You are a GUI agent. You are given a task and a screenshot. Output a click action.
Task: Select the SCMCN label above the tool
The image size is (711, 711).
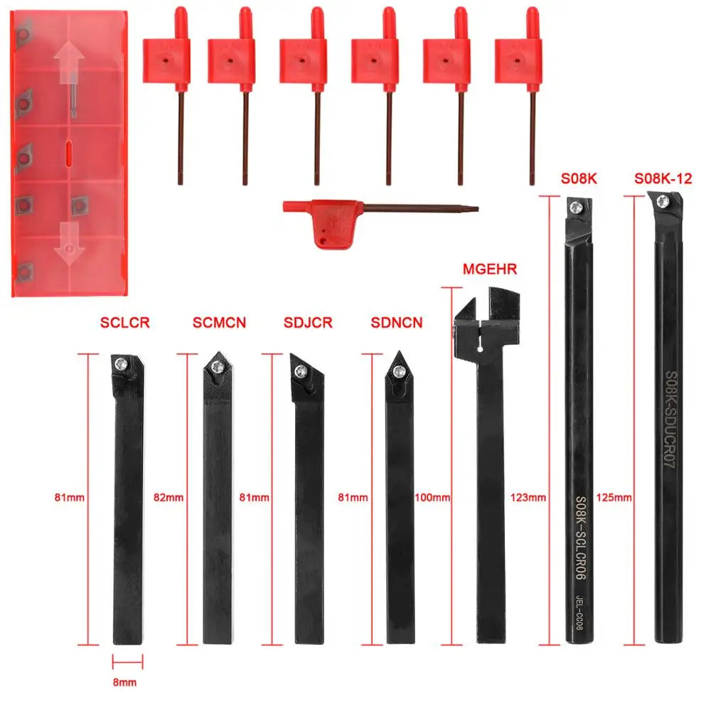tap(219, 323)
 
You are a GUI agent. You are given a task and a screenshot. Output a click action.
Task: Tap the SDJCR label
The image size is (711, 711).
tap(307, 323)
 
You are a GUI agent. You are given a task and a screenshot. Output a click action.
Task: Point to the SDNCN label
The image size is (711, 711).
tap(397, 323)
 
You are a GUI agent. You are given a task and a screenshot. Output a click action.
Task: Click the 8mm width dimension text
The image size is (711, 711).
tap(126, 682)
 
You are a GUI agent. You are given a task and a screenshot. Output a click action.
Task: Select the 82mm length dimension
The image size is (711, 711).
tap(168, 498)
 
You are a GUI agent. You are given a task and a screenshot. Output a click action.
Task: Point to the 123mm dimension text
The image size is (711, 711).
tap(528, 498)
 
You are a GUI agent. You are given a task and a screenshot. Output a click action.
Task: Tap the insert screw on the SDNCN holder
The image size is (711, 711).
tap(396, 371)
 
